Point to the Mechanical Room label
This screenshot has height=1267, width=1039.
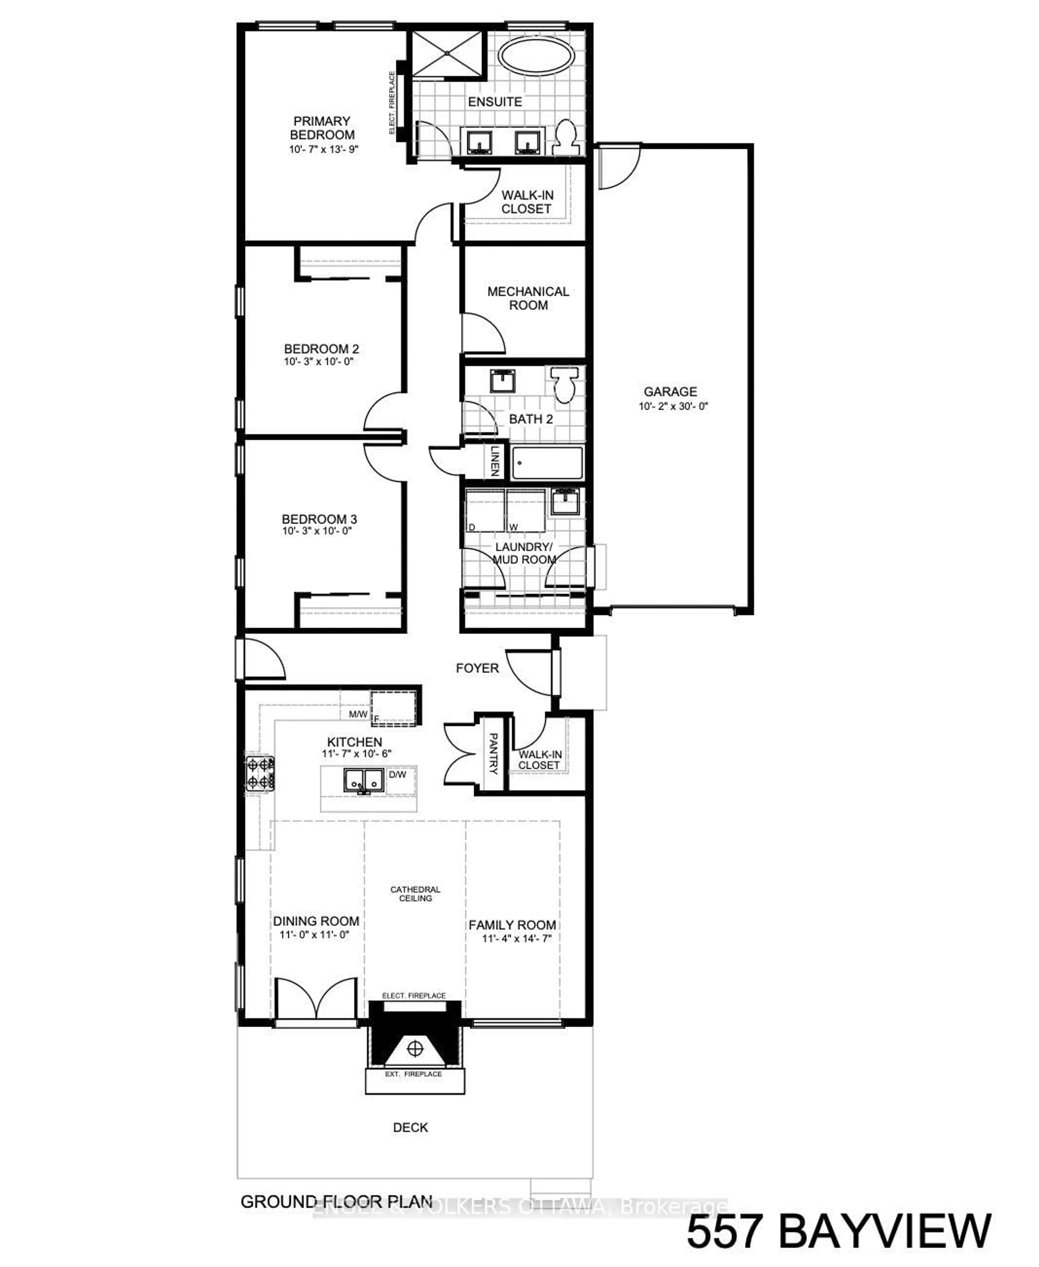coord(528,298)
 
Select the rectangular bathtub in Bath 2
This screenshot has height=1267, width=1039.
coord(547,463)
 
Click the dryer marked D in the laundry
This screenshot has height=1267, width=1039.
coord(484,510)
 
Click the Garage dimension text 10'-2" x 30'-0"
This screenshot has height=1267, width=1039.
coord(673,406)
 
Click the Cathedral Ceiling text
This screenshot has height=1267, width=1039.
coord(415,894)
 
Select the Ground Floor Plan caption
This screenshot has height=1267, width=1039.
coord(336,1202)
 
